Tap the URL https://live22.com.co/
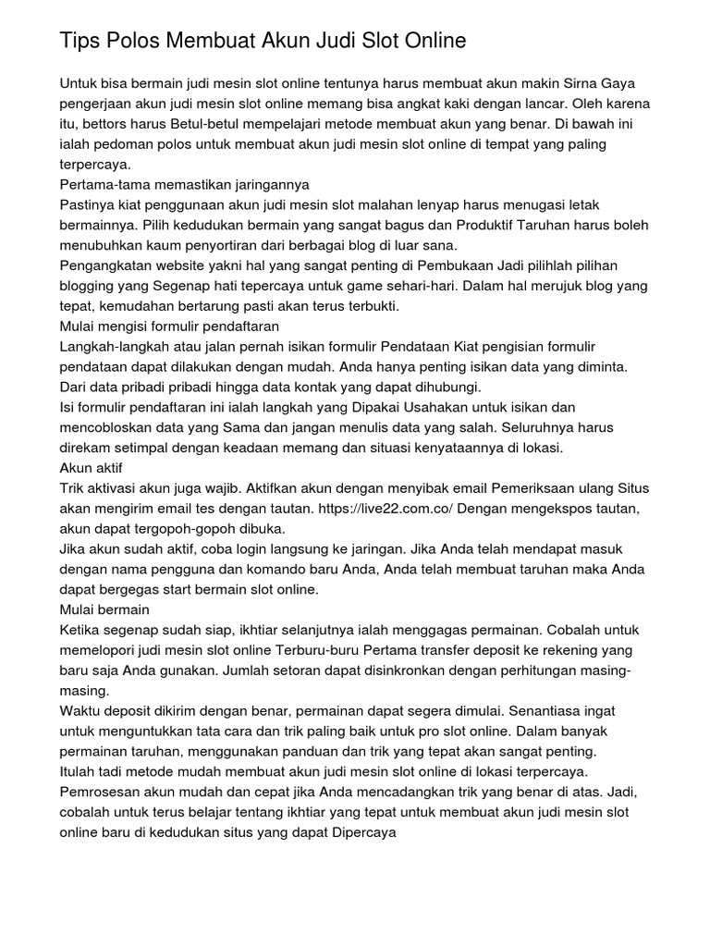click(x=385, y=509)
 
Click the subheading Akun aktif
click(x=91, y=468)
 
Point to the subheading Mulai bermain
click(x=104, y=609)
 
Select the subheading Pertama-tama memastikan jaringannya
click(x=184, y=184)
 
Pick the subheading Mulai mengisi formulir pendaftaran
click(x=169, y=326)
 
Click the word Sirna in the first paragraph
click(x=589, y=83)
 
